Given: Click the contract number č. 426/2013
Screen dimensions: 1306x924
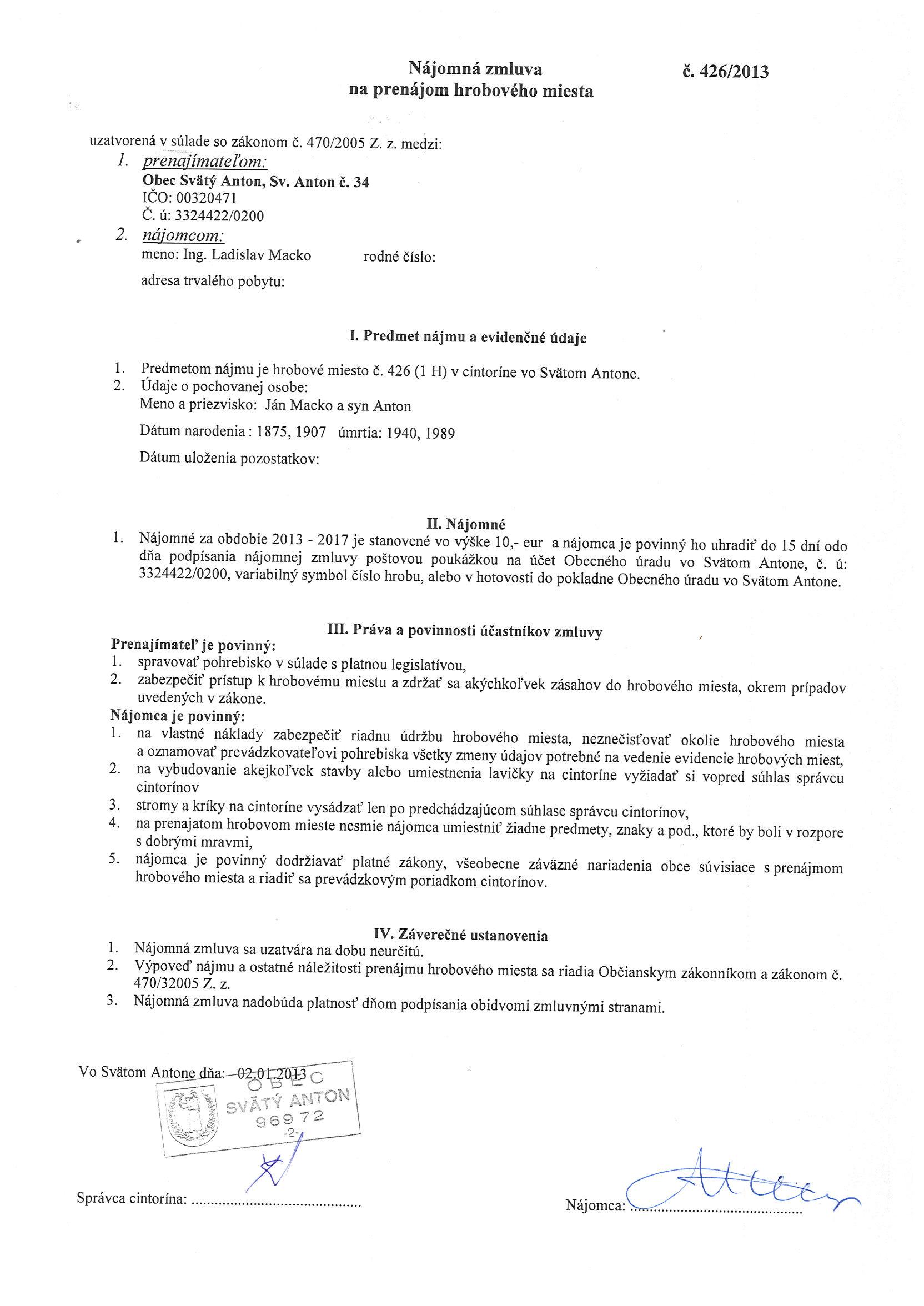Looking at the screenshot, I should coord(725,72).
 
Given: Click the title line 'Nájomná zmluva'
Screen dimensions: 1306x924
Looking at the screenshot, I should coord(475,69).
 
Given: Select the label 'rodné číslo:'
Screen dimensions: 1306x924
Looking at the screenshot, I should coord(399,257).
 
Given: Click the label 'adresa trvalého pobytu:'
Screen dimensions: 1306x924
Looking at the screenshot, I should coord(213,281).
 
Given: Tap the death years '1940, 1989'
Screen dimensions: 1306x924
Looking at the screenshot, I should coord(420,434).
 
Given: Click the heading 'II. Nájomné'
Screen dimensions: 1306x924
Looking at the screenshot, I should coord(469,523).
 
